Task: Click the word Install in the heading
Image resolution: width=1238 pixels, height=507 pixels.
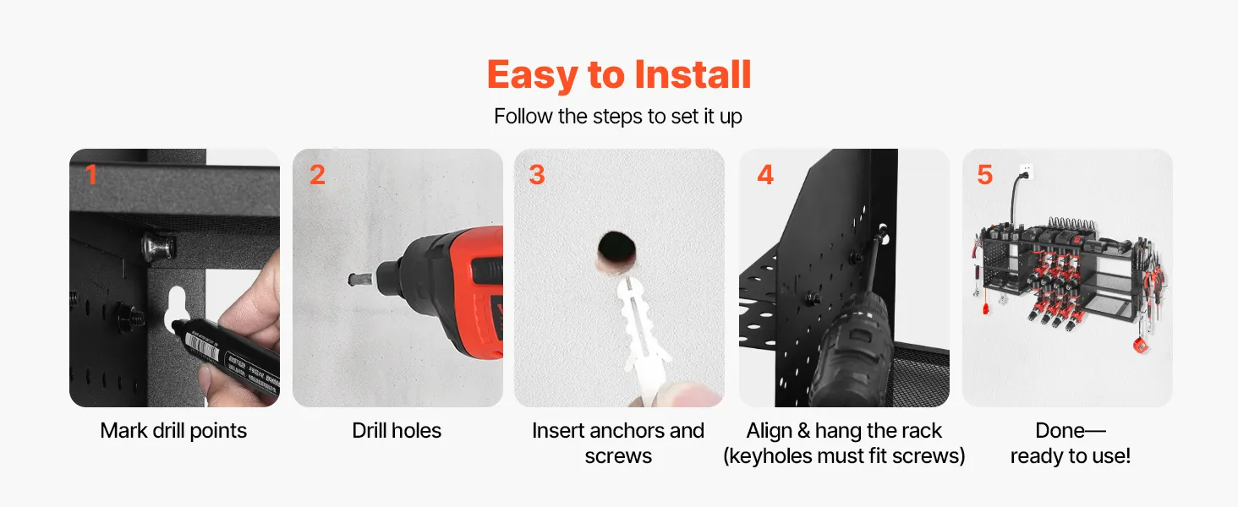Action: [693, 74]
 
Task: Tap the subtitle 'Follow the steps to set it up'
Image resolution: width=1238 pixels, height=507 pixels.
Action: [618, 117]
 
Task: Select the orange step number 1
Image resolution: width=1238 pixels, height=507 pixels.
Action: [91, 175]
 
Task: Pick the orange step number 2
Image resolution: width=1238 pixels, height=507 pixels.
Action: [317, 175]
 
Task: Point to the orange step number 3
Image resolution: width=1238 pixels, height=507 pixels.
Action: [537, 175]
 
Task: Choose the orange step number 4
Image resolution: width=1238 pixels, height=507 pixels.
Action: [765, 175]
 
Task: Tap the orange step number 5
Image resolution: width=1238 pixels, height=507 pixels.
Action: [985, 175]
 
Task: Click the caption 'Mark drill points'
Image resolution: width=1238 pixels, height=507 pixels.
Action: [173, 431]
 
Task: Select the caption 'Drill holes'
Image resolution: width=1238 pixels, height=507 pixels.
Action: [397, 431]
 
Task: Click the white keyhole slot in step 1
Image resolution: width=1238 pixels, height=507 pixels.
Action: [176, 308]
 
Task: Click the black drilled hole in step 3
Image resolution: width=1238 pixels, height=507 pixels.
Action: [616, 248]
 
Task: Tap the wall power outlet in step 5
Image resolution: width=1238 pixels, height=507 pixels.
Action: [1027, 172]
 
